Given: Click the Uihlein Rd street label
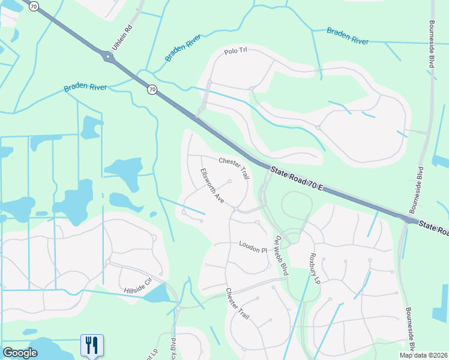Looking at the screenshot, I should coord(121,37).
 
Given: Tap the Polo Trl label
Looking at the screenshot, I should coord(235,51).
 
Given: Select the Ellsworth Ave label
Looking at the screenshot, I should coord(212,186).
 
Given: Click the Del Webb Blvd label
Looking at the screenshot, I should coord(281,255).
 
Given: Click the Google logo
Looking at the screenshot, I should coord(20,353).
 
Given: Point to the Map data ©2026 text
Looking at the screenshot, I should coord(424,355).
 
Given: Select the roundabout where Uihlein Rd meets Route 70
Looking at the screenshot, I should coord(108,58).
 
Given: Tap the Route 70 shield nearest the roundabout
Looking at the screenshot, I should coord(152,89).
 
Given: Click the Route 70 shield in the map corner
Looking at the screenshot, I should coord(34,6).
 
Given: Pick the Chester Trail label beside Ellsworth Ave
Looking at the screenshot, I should coord(234,167).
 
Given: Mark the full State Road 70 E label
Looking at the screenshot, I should coord(297,179).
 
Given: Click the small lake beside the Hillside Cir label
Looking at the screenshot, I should coord(157,293).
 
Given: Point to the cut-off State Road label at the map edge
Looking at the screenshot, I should coord(433,227).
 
